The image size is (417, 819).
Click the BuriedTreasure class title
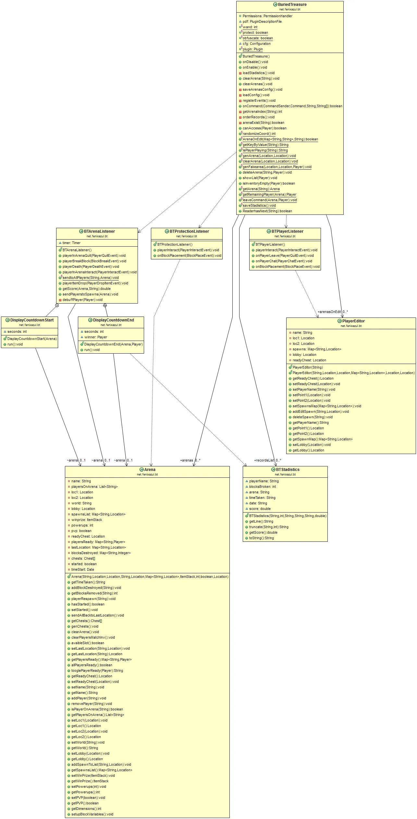tap(292, 5)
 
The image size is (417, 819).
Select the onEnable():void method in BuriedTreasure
tap(255, 67)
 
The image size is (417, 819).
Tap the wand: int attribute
tap(250, 27)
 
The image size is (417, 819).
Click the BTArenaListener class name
tap(99, 231)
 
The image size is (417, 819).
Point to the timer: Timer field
tap(71, 243)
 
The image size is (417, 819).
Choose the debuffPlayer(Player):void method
tap(82, 300)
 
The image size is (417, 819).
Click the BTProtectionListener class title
tap(189, 231)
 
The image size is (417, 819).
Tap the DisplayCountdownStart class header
tap(32, 320)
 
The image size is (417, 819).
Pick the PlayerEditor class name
tap(353, 321)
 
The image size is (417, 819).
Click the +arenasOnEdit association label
tap(329, 312)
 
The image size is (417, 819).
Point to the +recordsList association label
tap(264, 460)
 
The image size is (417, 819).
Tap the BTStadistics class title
tap(288, 470)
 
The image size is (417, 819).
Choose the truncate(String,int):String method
tap(269, 527)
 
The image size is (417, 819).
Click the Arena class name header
tap(150, 470)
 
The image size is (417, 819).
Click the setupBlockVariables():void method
tap(92, 814)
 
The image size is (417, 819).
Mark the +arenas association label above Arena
tap(187, 460)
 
